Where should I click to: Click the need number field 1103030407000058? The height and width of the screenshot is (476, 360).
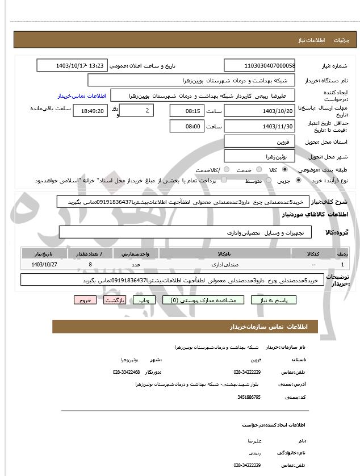point(259,66)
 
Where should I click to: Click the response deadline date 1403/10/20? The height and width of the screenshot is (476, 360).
point(259,111)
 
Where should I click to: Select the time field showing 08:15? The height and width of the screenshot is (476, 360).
point(186,111)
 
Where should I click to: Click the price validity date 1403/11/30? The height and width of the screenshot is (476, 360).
point(259,126)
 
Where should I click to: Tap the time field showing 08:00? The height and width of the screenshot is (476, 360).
point(186,126)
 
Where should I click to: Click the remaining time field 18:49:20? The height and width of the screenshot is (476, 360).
point(90,111)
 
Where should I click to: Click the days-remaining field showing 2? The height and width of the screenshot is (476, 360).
point(137,111)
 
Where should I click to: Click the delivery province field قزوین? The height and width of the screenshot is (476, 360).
point(259,141)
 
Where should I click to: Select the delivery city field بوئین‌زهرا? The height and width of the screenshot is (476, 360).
point(259,156)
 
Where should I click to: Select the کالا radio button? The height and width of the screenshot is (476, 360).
point(284,170)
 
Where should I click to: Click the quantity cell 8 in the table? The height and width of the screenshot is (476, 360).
point(90,265)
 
